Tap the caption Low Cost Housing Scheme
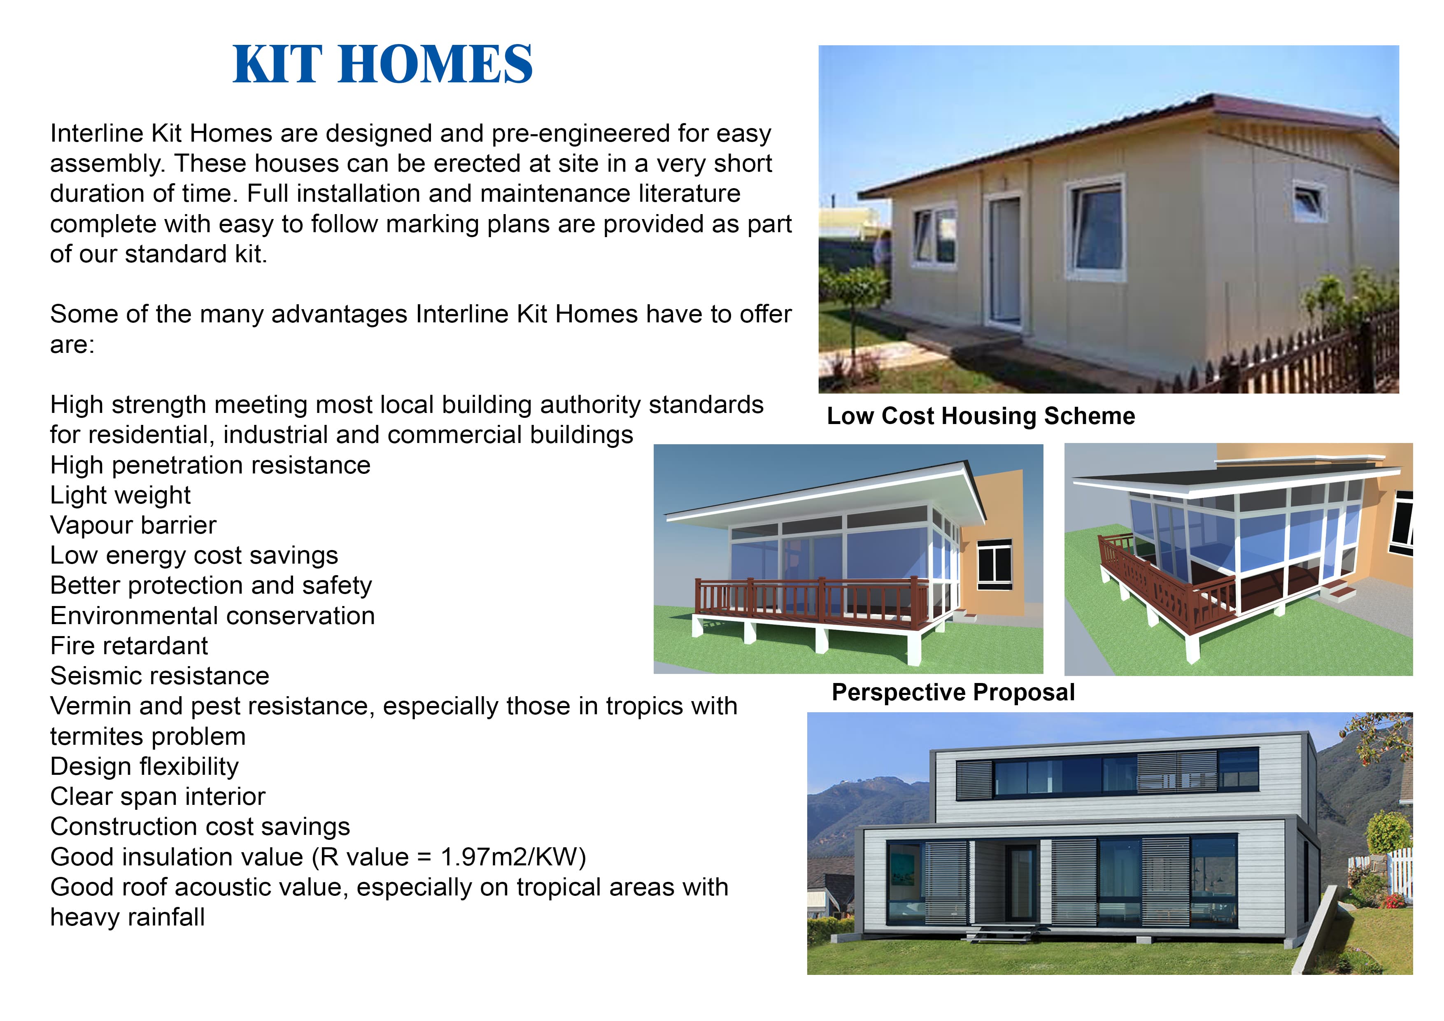pyautogui.click(x=981, y=416)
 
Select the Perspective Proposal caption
pyautogui.click(x=953, y=692)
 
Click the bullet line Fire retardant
pyautogui.click(x=129, y=646)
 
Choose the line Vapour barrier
pyautogui.click(x=133, y=525)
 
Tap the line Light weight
pyautogui.click(x=120, y=496)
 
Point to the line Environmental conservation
pyautogui.click(x=212, y=616)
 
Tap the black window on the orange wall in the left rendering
pyautogui.click(x=994, y=564)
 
